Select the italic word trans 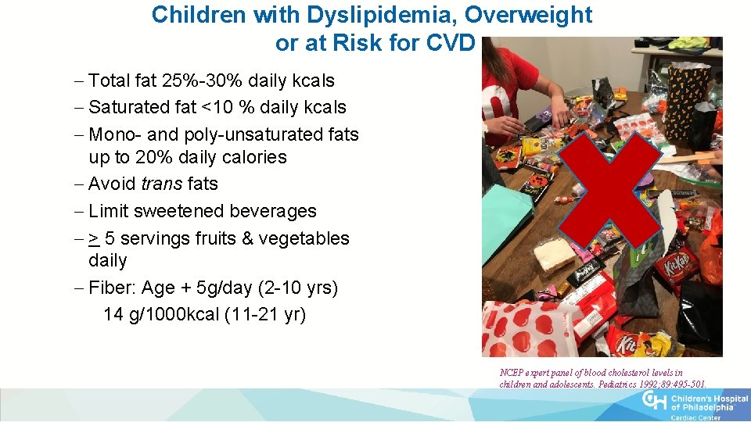[x=162, y=184]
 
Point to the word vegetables [x=307, y=238]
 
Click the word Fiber [x=113, y=288]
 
